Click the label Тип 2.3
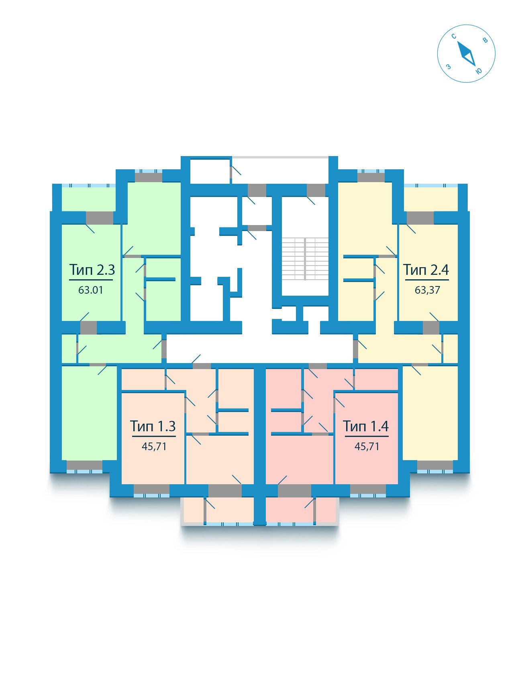92,270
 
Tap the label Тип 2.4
426,270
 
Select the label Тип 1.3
153,426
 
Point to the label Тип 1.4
366,426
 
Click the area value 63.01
91,290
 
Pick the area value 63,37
427,290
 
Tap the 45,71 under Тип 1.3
154,446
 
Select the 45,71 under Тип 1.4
367,446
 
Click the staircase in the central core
305,259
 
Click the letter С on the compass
454,37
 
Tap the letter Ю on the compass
479,71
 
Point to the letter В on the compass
485,40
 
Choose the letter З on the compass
449,67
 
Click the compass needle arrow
467,53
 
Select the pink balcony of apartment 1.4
301,510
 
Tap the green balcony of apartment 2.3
88,199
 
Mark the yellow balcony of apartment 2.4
431,199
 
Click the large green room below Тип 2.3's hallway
89,412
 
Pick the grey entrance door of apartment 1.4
318,366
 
